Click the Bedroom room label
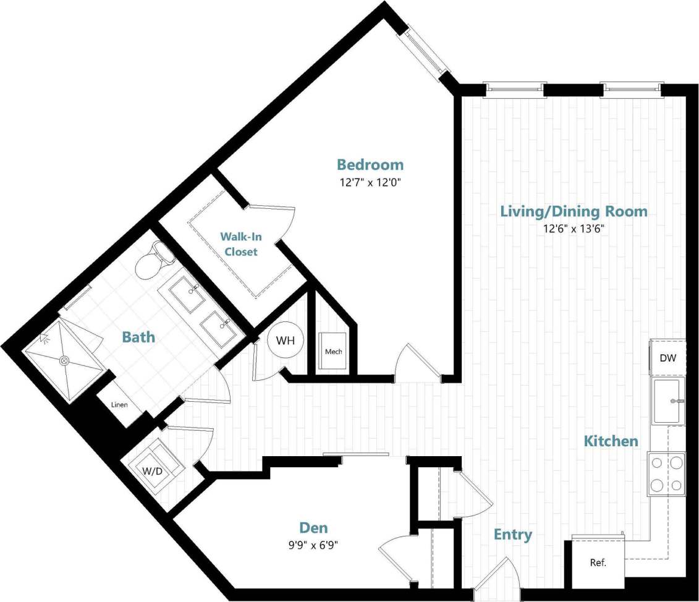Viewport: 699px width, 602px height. [x=370, y=164]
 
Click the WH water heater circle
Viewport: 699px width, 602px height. [x=285, y=340]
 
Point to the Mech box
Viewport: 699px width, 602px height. [x=334, y=352]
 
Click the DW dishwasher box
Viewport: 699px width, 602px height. [x=667, y=357]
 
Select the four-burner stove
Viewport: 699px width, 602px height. [x=666, y=473]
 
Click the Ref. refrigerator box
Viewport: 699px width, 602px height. [x=597, y=563]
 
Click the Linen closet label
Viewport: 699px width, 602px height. [x=119, y=405]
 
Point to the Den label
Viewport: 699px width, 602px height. [x=313, y=528]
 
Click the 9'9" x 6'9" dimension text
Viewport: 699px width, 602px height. [x=315, y=545]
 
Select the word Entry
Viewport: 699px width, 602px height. [x=513, y=535]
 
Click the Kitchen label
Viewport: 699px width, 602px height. [x=611, y=441]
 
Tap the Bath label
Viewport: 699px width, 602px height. [x=138, y=337]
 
